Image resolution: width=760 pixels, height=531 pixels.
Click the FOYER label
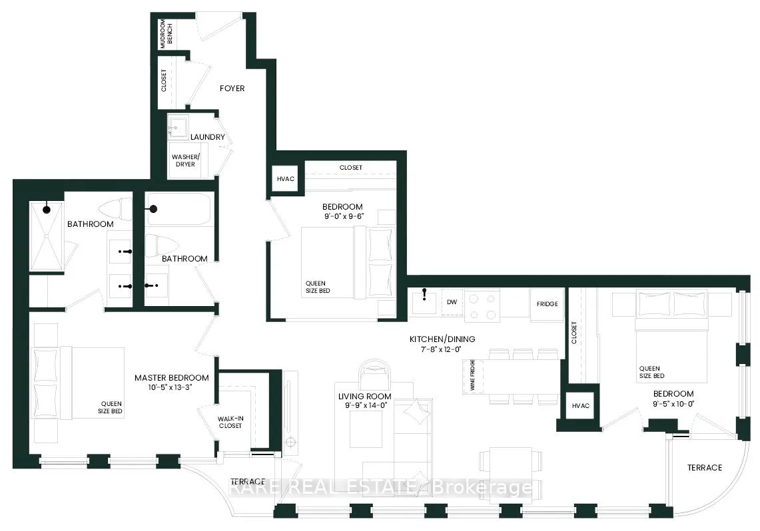pyautogui.click(x=232, y=88)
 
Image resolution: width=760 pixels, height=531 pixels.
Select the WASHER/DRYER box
pyautogui.click(x=185, y=160)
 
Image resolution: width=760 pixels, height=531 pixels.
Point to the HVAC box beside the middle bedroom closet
pyautogui.click(x=286, y=179)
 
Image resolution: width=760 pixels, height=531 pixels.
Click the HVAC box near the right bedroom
pyautogui.click(x=577, y=405)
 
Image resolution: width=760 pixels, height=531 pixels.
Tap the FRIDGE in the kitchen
pyautogui.click(x=547, y=303)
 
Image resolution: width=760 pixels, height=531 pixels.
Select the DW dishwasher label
pyautogui.click(x=452, y=302)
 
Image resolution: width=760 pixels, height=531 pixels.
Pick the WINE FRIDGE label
pyautogui.click(x=472, y=377)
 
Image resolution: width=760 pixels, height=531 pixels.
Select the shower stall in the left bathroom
pyautogui.click(x=46, y=236)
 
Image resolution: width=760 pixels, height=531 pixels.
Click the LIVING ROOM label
pyautogui.click(x=364, y=397)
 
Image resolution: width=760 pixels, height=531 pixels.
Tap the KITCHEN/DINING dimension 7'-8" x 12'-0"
pyautogui.click(x=436, y=349)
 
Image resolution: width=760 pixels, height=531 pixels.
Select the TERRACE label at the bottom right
pyautogui.click(x=704, y=468)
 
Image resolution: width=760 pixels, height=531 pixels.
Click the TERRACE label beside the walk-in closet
pyautogui.click(x=248, y=481)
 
